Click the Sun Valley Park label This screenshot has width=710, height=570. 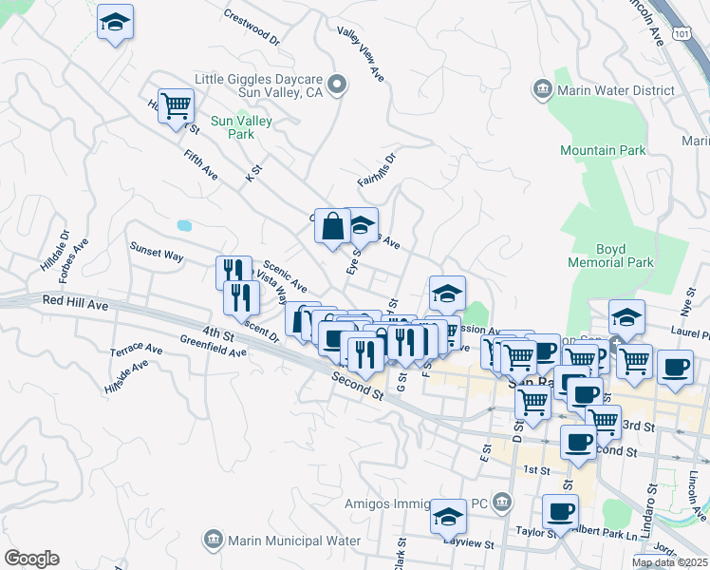pos(241,127)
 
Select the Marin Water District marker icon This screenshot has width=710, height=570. pos(543,90)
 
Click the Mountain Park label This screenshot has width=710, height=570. pos(603,150)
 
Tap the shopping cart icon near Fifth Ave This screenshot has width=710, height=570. pos(176,106)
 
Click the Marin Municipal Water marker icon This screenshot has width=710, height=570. pos(214,541)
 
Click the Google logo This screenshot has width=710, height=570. pos(31,559)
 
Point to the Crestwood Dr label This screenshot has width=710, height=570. pos(252,28)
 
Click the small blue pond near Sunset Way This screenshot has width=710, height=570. pos(184,226)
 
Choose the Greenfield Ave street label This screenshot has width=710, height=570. pos(215,351)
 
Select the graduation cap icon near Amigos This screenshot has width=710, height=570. pos(448,516)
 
